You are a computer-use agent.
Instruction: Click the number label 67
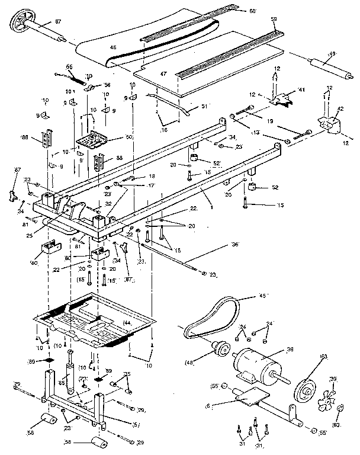[x=58, y=21]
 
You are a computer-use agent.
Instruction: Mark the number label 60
[x=253, y=11]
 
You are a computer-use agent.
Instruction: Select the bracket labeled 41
[x=283, y=98]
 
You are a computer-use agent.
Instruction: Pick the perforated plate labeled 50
[x=91, y=141]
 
